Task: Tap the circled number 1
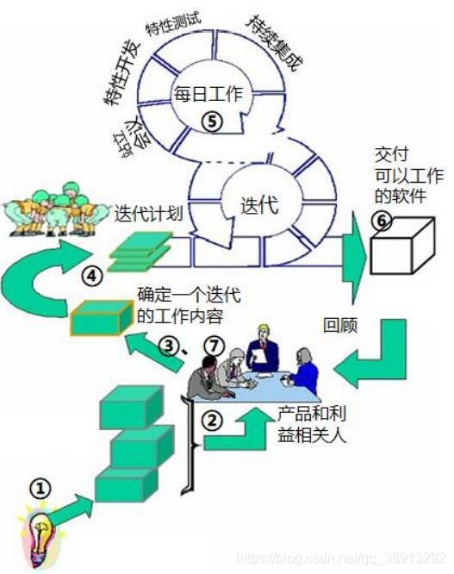pyautogui.click(x=39, y=489)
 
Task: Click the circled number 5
pyautogui.click(x=212, y=122)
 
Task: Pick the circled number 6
pyautogui.click(x=380, y=221)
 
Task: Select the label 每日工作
pyautogui.click(x=208, y=93)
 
